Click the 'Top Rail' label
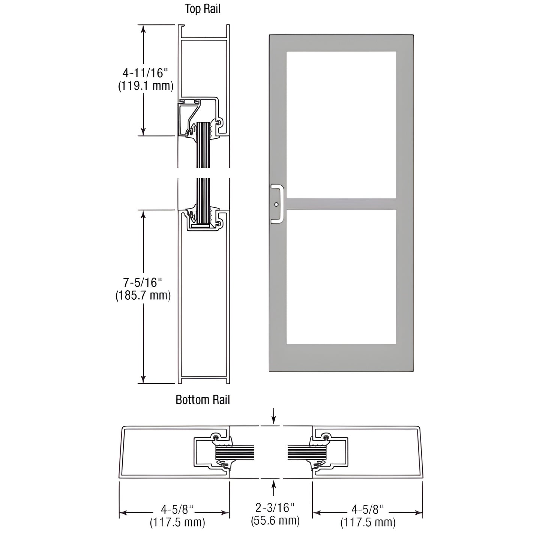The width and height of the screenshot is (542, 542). (203, 9)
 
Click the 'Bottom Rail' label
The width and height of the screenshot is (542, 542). (203, 400)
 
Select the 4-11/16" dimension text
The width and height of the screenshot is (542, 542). (145, 73)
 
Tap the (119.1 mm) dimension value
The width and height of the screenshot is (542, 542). (146, 86)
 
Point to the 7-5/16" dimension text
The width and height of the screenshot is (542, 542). (143, 282)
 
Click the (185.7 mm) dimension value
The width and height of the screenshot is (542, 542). (143, 295)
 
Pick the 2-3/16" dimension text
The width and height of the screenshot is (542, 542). (275, 508)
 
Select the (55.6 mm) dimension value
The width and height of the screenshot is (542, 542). (275, 520)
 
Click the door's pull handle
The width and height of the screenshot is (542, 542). (277, 204)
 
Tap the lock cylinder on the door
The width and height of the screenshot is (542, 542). (276, 204)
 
